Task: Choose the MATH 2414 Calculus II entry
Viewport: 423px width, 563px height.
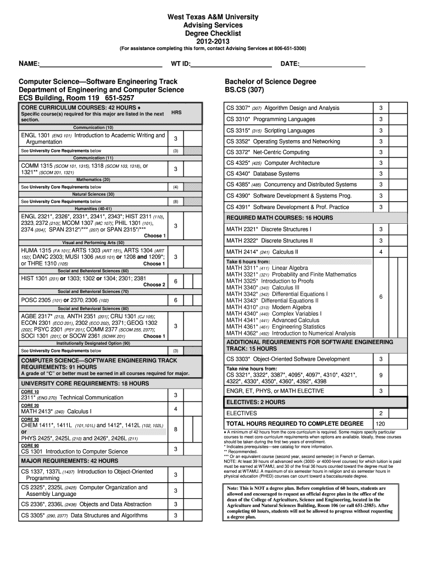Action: click(263, 252)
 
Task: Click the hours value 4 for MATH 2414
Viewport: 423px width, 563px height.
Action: click(380, 252)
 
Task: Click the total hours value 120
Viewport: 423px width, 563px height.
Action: click(380, 424)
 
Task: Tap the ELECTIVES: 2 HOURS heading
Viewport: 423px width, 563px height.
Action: click(256, 402)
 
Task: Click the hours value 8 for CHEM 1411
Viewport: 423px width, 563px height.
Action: click(175, 429)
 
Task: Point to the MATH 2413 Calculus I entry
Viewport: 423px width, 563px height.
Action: click(56, 411)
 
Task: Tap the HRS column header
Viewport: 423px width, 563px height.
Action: click(176, 112)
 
